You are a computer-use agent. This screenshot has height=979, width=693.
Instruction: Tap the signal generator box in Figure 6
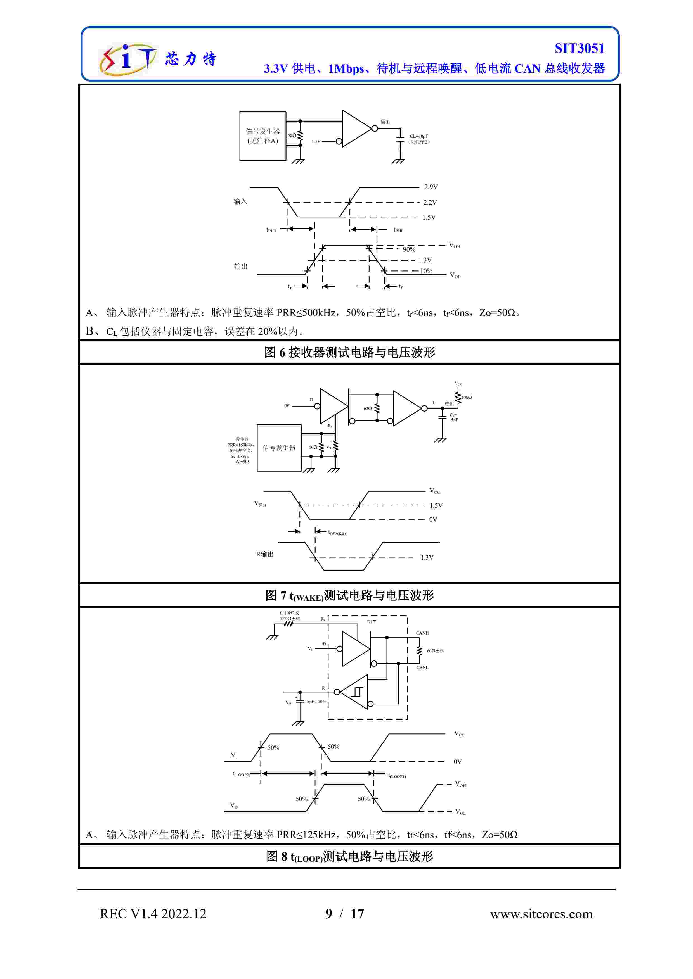(x=262, y=136)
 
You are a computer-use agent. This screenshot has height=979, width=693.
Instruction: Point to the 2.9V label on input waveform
(x=431, y=187)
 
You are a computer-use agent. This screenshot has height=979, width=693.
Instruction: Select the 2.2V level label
(x=430, y=203)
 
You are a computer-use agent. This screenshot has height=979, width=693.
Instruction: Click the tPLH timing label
(x=271, y=230)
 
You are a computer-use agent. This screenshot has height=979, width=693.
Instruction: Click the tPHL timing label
(x=398, y=230)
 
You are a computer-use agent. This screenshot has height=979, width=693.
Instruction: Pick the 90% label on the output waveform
(x=409, y=249)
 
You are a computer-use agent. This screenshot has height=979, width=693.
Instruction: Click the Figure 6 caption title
(x=349, y=352)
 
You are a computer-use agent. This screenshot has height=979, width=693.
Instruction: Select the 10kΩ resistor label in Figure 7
(x=466, y=397)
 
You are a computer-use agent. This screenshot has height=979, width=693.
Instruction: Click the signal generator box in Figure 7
(x=279, y=448)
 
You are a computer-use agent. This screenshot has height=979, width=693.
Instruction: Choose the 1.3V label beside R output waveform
(x=427, y=557)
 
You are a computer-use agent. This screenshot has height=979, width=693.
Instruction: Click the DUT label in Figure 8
(x=371, y=622)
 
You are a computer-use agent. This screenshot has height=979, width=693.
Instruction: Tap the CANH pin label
(x=422, y=633)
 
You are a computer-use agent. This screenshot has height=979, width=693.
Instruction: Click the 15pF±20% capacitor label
(x=315, y=701)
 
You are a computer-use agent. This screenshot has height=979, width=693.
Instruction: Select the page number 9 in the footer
(x=328, y=914)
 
